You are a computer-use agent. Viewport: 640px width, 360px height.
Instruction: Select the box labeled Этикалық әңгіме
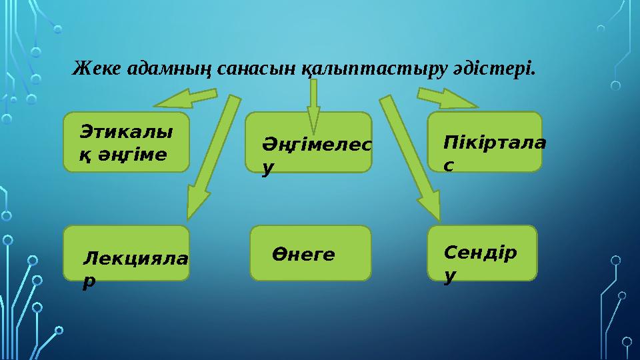click(126, 142)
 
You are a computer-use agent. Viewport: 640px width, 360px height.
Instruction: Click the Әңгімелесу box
click(309, 142)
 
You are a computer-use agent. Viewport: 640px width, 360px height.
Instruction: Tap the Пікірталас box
click(485, 142)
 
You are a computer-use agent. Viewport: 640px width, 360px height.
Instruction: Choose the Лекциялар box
click(126, 253)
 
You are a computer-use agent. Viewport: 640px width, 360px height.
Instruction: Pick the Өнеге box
click(310, 253)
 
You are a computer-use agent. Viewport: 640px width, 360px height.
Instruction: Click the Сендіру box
click(482, 253)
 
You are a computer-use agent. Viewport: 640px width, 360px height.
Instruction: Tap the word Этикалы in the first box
click(125, 131)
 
